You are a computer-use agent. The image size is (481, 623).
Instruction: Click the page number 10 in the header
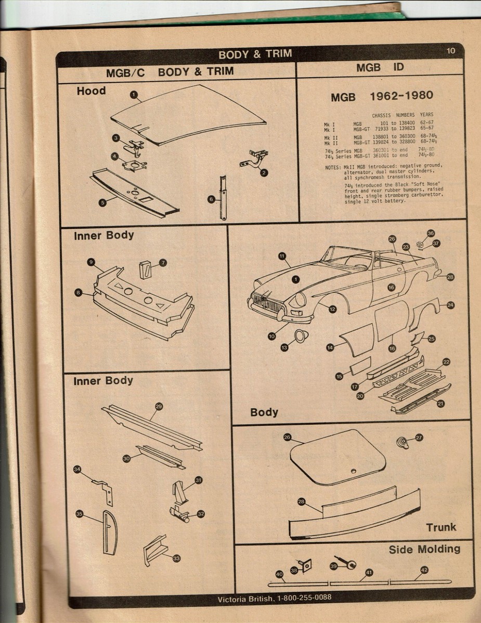450,50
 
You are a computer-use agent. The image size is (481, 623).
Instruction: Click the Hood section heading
91,91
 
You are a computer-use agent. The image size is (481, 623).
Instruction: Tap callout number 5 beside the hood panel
103,202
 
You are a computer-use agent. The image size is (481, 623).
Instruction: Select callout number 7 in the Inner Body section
163,263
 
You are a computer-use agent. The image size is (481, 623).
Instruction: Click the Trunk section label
441,527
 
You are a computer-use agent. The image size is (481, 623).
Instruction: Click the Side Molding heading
424,549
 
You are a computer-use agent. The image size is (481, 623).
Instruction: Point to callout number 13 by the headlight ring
284,347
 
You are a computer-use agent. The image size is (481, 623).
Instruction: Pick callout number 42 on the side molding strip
424,570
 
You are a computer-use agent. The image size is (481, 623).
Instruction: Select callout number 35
80,514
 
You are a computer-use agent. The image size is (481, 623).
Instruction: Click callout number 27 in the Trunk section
419,438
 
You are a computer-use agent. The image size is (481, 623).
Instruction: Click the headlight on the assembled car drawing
300,300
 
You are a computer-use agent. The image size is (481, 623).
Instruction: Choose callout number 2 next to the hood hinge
264,172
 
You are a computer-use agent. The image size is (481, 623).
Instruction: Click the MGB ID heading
380,68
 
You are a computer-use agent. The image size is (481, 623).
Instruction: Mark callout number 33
176,558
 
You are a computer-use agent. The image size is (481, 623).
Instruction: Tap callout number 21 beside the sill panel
440,403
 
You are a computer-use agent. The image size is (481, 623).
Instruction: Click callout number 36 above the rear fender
431,234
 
